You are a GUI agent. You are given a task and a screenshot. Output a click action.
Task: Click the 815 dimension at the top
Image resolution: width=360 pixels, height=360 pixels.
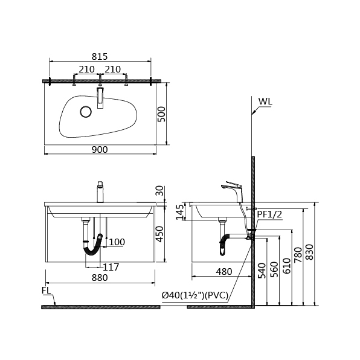(x=100, y=57)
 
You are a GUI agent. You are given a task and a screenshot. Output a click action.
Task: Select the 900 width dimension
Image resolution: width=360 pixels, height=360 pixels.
(x=100, y=150)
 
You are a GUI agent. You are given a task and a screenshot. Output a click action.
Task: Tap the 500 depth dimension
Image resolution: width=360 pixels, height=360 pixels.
(x=162, y=114)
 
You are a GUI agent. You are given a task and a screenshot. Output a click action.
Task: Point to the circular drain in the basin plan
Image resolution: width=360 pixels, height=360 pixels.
(x=86, y=112)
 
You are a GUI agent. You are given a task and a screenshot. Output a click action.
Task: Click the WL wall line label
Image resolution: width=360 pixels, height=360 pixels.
(x=265, y=101)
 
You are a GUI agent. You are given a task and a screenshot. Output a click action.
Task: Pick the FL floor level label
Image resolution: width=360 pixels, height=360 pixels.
(x=46, y=291)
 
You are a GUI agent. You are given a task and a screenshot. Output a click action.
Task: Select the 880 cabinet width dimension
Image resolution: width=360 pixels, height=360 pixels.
(x=100, y=278)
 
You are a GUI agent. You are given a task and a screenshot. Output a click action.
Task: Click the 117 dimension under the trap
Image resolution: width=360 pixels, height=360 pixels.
(x=111, y=267)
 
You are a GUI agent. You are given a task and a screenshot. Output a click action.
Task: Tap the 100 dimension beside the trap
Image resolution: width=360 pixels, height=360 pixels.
(x=117, y=242)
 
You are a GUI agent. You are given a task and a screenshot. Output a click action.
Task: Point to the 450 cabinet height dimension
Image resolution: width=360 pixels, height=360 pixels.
(x=159, y=234)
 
